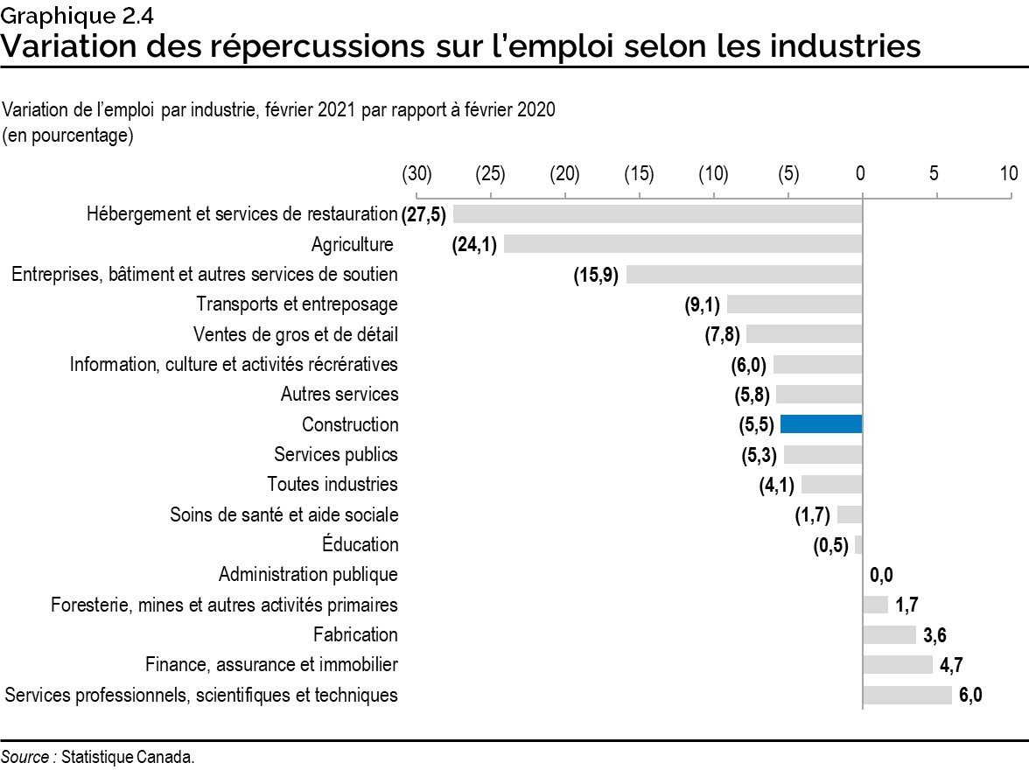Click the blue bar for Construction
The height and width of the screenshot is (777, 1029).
pyautogui.click(x=821, y=424)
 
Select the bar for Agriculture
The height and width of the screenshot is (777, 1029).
pyautogui.click(x=682, y=244)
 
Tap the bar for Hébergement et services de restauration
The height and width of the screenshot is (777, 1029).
pyautogui.click(x=657, y=214)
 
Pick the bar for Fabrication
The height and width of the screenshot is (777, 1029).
pyautogui.click(x=889, y=634)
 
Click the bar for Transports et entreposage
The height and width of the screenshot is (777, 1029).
pyautogui.click(x=794, y=304)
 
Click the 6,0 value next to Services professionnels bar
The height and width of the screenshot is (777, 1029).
pyautogui.click(x=970, y=696)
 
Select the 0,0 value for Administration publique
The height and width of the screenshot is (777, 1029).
pyautogui.click(x=882, y=575)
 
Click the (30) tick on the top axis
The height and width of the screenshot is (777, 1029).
pyautogui.click(x=416, y=173)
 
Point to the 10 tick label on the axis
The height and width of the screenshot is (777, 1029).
pyautogui.click(x=1008, y=173)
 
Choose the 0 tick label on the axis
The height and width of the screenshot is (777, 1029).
pyautogui.click(x=861, y=173)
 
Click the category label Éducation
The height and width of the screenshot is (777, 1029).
pyautogui.click(x=360, y=545)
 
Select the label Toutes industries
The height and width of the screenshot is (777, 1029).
pyautogui.click(x=332, y=484)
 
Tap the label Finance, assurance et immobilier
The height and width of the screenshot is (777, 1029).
pyautogui.click(x=271, y=665)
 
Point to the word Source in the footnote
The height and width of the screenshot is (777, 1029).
pyautogui.click(x=24, y=758)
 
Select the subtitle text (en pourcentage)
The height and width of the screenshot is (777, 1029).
pyautogui.click(x=68, y=136)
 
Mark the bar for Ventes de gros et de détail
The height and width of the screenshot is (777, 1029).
pyautogui.click(x=804, y=334)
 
